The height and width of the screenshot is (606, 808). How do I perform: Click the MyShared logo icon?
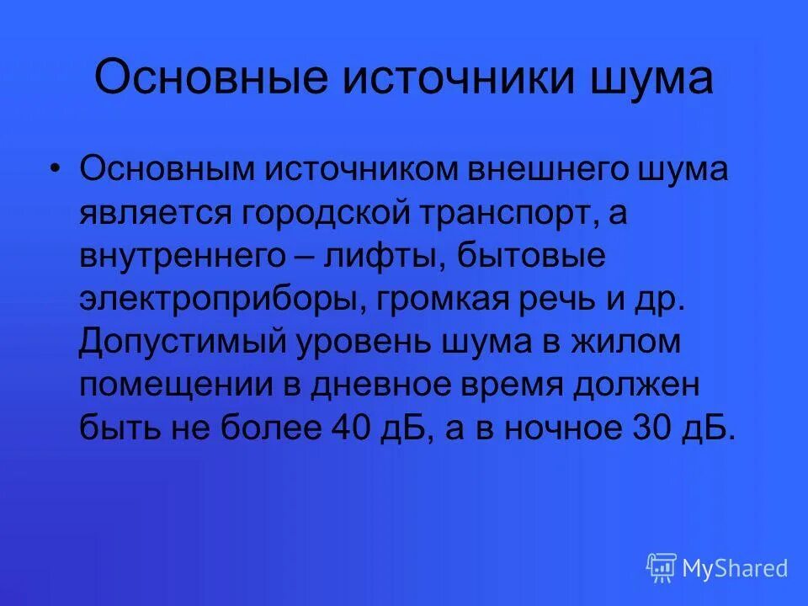(661, 567)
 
